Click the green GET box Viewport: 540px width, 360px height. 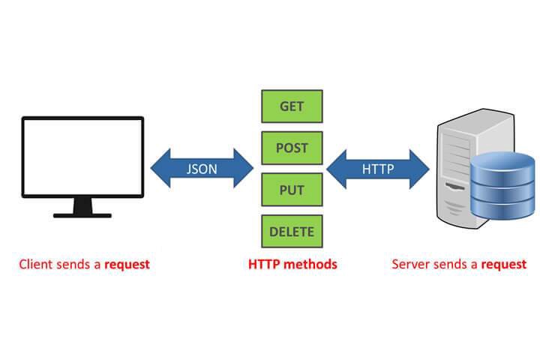292,106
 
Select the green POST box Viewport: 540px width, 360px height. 292,148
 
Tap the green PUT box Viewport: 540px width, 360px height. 292,190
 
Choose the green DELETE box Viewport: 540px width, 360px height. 292,232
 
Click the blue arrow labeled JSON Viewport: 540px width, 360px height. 202,169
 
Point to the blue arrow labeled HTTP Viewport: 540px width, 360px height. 378,169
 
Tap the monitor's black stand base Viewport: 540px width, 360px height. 82,214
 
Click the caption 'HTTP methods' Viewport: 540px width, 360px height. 292,264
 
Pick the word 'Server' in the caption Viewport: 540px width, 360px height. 409,264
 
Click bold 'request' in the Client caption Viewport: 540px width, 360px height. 127,265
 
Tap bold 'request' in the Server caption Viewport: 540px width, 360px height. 503,265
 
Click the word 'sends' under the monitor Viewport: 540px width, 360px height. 73,264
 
